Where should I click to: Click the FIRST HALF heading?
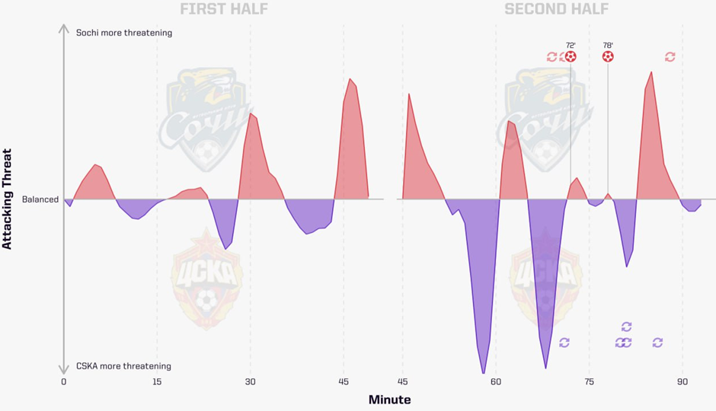point(224,10)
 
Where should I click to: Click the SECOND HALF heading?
point(556,10)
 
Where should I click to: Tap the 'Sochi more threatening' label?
point(124,33)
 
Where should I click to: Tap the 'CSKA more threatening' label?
point(123,366)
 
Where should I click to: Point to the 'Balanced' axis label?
point(40,199)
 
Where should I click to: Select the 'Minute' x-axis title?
point(389,400)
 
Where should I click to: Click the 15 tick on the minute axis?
point(157,382)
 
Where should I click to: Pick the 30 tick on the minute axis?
point(250,382)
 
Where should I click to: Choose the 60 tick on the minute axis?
point(496,382)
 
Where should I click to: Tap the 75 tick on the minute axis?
point(589,382)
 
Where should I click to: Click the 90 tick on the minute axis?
point(682,382)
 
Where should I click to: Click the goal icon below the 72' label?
point(571,56)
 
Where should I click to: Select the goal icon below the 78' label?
point(608,56)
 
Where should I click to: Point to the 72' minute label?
point(571,45)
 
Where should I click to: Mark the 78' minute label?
point(608,45)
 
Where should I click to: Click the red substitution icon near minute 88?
point(670,56)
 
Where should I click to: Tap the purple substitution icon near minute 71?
point(564,343)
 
